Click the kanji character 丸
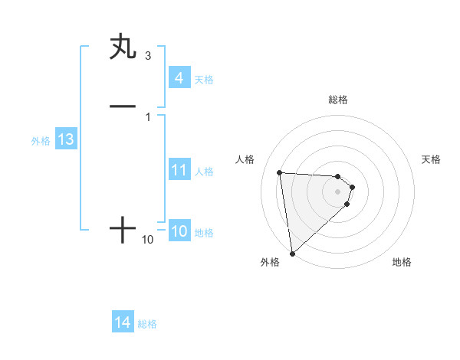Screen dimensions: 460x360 point(123,47)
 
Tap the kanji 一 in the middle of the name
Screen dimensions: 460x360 point(123,106)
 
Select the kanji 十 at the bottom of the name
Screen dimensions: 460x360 point(123,229)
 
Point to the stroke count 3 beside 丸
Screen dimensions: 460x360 point(147,56)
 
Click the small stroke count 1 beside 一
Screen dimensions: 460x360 point(147,116)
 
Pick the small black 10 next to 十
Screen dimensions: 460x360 point(148,240)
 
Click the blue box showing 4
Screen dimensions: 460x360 point(179,78)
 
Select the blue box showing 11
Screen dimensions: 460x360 point(179,170)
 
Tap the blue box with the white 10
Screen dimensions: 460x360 point(179,232)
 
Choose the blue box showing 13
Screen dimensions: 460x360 point(65,139)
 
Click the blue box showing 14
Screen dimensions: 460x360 point(123,323)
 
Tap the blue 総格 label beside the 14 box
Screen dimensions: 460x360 point(147,324)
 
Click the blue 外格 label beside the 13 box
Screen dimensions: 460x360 point(40,141)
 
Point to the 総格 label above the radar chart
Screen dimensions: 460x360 point(338,100)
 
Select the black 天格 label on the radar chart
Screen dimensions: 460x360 point(431,159)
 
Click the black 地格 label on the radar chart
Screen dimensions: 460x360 point(402,262)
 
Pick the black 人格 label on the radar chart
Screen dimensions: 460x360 point(245,159)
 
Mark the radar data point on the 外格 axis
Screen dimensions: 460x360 point(292,253)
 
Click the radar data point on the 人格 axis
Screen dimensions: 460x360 point(280,172)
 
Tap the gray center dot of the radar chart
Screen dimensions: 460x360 point(338,191)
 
